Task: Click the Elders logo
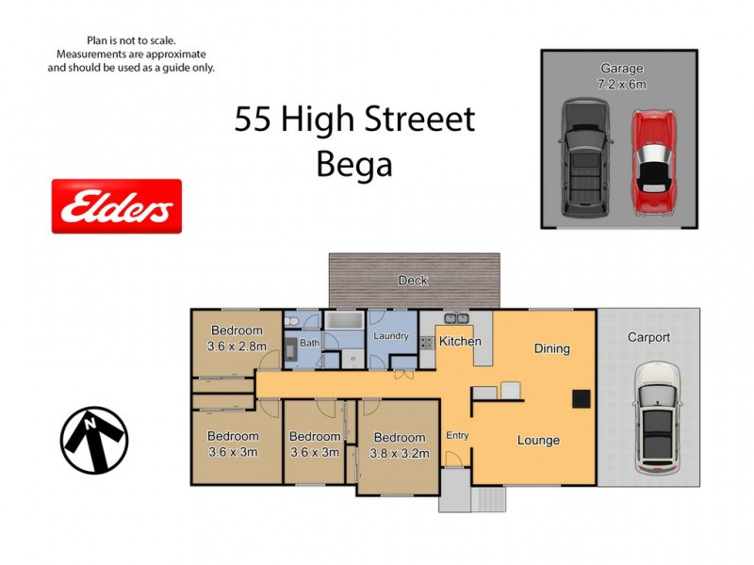click(116, 206)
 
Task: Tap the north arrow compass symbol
click(94, 440)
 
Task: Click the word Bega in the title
click(353, 165)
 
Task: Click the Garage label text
click(621, 68)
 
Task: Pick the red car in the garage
click(651, 161)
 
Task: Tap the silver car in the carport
click(657, 418)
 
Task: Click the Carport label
click(648, 337)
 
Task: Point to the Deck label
click(413, 280)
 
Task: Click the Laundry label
click(390, 335)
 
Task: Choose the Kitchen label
click(461, 341)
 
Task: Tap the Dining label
click(552, 348)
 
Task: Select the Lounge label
click(538, 440)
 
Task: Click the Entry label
click(457, 435)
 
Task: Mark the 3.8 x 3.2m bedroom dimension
click(400, 453)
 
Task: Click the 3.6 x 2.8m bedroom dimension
click(236, 346)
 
